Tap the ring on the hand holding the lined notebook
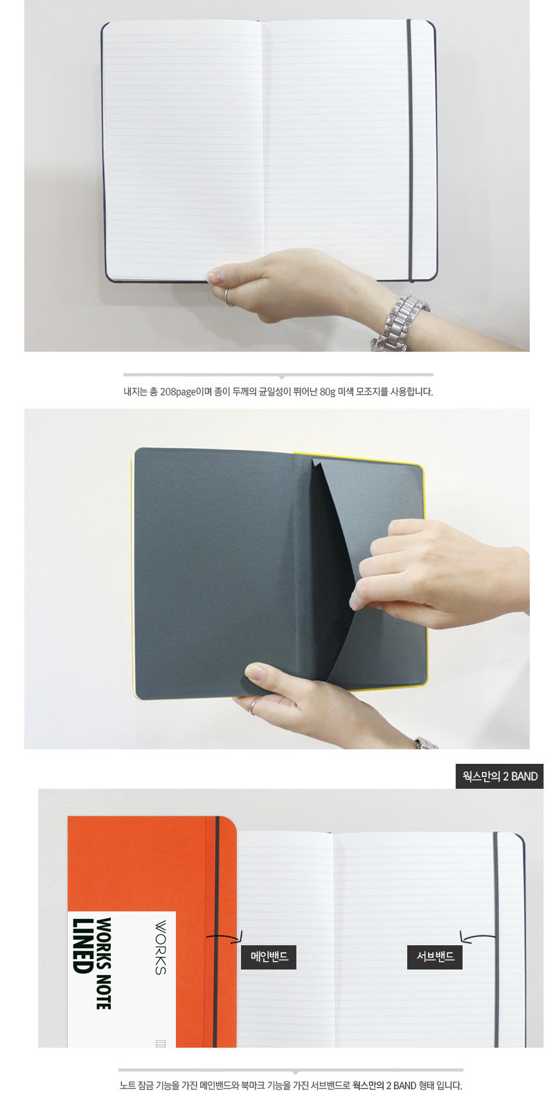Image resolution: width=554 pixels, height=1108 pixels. [x=228, y=298]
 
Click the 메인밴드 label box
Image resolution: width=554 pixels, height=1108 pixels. [x=269, y=956]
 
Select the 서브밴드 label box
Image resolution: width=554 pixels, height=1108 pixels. [x=435, y=956]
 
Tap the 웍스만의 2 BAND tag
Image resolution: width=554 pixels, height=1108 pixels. [x=499, y=776]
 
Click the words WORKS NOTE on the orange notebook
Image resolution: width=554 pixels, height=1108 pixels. [x=104, y=963]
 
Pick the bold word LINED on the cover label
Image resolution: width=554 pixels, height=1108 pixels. [x=82, y=946]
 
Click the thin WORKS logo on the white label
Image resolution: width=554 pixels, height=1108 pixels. [x=161, y=947]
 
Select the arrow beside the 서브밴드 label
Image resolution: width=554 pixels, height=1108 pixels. [x=477, y=936]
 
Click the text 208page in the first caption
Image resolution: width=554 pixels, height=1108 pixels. [x=178, y=392]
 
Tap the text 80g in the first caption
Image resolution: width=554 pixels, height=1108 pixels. [x=328, y=392]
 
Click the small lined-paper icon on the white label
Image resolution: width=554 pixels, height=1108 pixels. [x=161, y=1044]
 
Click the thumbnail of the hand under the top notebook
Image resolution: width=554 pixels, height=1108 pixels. [x=215, y=275]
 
